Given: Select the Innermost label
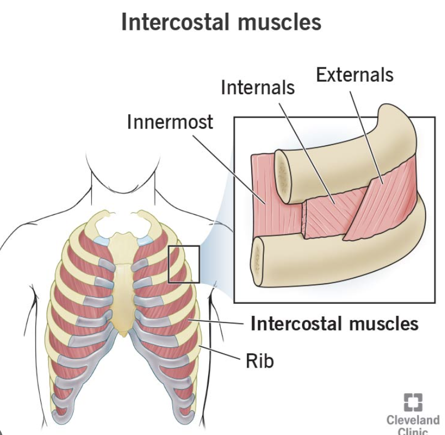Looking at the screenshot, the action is point(169,121).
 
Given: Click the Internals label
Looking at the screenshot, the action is point(258,87).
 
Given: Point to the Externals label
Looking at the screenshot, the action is point(354,75).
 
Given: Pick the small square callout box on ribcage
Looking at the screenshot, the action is point(184,263).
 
